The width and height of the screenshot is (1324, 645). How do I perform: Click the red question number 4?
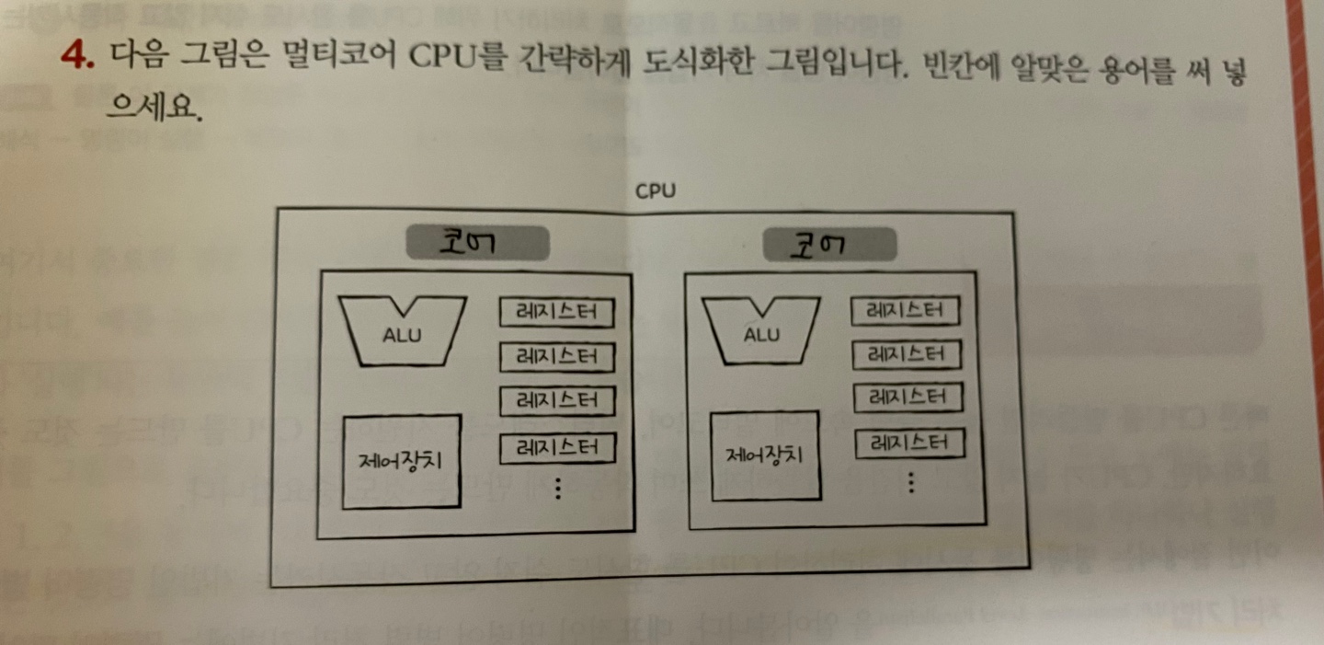[x=77, y=57]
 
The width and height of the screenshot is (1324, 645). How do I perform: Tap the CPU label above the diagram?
[x=656, y=191]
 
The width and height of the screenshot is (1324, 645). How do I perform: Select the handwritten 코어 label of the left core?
[x=477, y=244]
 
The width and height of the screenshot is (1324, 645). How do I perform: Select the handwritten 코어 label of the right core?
[x=829, y=245]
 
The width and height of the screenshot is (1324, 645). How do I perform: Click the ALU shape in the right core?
[x=760, y=332]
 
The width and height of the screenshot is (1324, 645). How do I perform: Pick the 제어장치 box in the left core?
[x=401, y=461]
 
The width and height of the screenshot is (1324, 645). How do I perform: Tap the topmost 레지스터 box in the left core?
[x=556, y=312]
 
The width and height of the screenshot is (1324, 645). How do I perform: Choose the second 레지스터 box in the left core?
[x=556, y=356]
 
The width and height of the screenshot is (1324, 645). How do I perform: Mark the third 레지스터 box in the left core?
[x=556, y=400]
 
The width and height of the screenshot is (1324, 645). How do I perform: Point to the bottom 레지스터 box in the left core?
[x=556, y=448]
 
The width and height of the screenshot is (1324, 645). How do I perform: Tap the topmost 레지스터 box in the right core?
[x=906, y=311]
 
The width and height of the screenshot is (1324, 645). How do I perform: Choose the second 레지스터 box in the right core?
[x=906, y=354]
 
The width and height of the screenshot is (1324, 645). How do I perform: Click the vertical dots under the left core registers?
[x=557, y=489]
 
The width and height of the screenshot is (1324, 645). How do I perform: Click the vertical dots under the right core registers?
[x=910, y=483]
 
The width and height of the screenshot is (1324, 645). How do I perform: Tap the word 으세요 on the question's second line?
[x=153, y=110]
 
